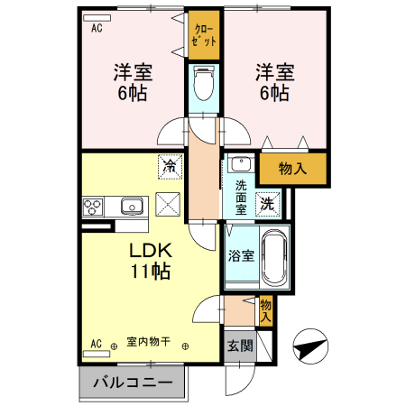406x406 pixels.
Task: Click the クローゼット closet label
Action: coord(203,35)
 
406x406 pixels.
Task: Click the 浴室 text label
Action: coord(240,255)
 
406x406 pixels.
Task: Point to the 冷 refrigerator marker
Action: coord(169,165)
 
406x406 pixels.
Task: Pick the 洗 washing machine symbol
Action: coord(267,204)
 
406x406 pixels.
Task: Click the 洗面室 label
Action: coord(241,197)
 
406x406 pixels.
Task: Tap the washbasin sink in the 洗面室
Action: coord(240,165)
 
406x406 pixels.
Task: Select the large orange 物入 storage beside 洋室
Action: coord(291,167)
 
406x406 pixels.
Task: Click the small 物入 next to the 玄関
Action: coord(266,311)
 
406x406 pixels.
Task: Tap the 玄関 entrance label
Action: coord(240,346)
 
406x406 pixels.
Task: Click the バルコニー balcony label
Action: coord(132,383)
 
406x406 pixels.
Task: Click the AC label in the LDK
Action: coord(97,344)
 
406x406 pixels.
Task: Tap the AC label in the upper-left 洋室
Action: coord(97,27)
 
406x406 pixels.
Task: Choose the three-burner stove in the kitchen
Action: coord(94,207)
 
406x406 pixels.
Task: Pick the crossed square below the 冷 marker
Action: coord(169,204)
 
